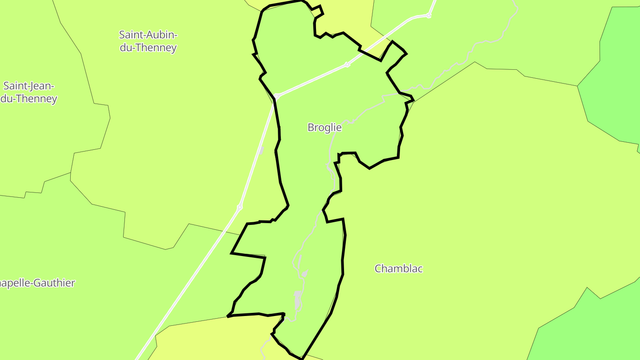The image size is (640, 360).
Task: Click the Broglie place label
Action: tap(324, 128)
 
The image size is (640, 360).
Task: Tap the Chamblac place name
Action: tap(398, 268)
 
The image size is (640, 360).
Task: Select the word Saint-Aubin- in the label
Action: tap(148, 35)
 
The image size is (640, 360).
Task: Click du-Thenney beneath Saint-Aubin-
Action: tap(148, 48)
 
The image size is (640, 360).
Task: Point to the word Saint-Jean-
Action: tap(29, 86)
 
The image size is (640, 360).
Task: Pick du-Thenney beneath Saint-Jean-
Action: tap(29, 99)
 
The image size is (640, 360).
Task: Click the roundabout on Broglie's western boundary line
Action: tap(276, 96)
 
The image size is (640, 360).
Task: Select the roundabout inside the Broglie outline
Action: tap(347, 65)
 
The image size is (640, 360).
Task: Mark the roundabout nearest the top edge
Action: tap(428, 16)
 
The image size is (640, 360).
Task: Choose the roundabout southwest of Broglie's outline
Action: tap(240, 207)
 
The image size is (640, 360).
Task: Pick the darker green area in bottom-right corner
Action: tap(591, 329)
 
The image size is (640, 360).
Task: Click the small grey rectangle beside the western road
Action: tap(261, 150)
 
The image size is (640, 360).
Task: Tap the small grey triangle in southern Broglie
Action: tap(304, 274)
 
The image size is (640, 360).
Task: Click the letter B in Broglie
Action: tap(311, 128)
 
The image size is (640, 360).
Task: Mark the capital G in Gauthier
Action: tap(40, 283)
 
